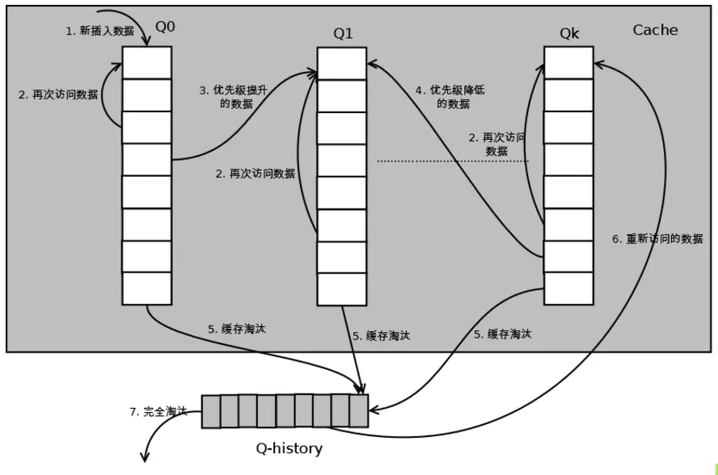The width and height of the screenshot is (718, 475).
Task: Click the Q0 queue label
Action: point(165,27)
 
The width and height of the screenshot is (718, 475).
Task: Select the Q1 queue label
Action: point(343,33)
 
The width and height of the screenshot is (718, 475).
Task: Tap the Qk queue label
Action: point(569,33)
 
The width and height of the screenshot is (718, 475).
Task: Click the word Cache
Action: point(655,30)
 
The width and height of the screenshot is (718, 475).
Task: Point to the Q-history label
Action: point(289,448)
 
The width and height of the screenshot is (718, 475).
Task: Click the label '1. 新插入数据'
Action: point(99,31)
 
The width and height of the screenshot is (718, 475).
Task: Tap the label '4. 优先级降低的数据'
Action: point(442,96)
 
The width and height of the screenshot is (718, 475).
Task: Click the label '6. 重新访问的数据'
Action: point(657,239)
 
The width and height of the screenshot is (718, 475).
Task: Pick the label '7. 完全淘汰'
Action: point(158,411)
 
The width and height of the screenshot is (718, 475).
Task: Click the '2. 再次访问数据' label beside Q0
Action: point(58,95)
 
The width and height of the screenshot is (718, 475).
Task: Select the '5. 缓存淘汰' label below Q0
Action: point(236,329)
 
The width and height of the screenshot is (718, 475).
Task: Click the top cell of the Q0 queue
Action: point(146,62)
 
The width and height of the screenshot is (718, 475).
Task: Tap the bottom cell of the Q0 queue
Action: point(146,288)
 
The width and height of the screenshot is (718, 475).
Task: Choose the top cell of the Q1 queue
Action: point(341,63)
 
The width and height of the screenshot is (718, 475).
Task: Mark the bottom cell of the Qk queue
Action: point(568,288)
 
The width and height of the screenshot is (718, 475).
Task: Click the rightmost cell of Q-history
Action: point(358,411)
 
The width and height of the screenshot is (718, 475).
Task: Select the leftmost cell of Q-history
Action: point(210,411)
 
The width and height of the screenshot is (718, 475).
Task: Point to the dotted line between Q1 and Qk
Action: point(453,162)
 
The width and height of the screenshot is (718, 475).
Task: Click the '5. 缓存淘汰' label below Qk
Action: point(503,334)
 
